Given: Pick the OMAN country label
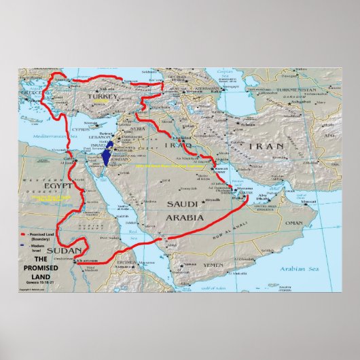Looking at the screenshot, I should (x=293, y=223).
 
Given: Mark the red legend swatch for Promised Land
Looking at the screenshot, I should (x=22, y=232).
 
